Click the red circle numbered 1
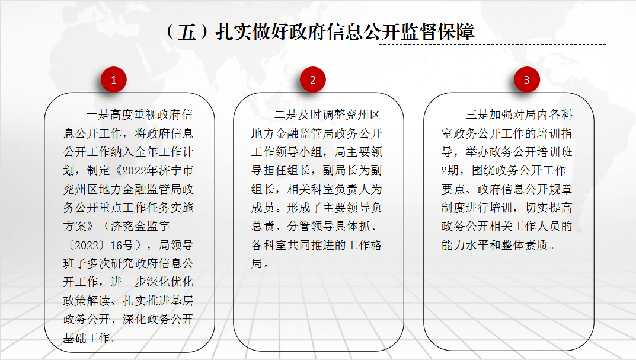[x=114, y=79]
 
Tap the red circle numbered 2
[x=313, y=79]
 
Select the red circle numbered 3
[x=526, y=79]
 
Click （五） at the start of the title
[x=187, y=31]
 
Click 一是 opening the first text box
[x=98, y=115]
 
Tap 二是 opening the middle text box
[x=286, y=115]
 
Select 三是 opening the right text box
[x=477, y=115]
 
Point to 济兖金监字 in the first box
[x=140, y=227]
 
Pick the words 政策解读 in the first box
[x=87, y=301]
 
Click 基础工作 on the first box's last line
[x=87, y=338]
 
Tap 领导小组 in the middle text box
[x=299, y=152]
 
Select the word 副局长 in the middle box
[x=340, y=170]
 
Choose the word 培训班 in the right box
[x=554, y=152]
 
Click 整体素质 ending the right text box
[x=525, y=245]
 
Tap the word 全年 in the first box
[x=146, y=152]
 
